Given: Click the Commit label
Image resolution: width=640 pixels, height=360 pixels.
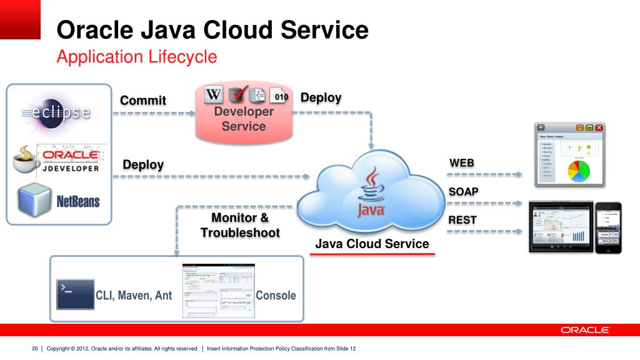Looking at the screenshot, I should click(x=143, y=100).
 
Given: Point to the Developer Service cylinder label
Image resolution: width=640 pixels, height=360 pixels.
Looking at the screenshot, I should click(x=244, y=119).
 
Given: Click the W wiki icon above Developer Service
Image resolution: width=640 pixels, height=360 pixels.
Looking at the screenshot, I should click(x=214, y=95).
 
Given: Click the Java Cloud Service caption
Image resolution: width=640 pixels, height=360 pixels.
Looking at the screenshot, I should click(x=372, y=244).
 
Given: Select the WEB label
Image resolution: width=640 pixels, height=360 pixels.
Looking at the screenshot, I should click(x=462, y=163).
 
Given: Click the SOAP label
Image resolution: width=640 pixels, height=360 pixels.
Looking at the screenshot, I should click(x=464, y=191).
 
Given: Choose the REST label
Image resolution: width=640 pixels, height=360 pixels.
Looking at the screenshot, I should click(x=462, y=219).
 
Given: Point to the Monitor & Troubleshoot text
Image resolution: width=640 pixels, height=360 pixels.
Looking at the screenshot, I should click(x=240, y=225).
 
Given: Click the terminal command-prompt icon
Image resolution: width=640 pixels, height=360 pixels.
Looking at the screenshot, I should click(x=75, y=294).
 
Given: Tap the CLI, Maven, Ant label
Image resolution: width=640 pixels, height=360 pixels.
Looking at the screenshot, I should click(x=134, y=295).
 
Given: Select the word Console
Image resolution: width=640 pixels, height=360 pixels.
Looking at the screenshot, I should click(x=276, y=295).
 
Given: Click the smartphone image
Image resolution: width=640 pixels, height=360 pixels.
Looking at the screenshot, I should click(x=607, y=227).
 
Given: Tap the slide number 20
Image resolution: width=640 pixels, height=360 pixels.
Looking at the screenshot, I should click(x=35, y=348).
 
